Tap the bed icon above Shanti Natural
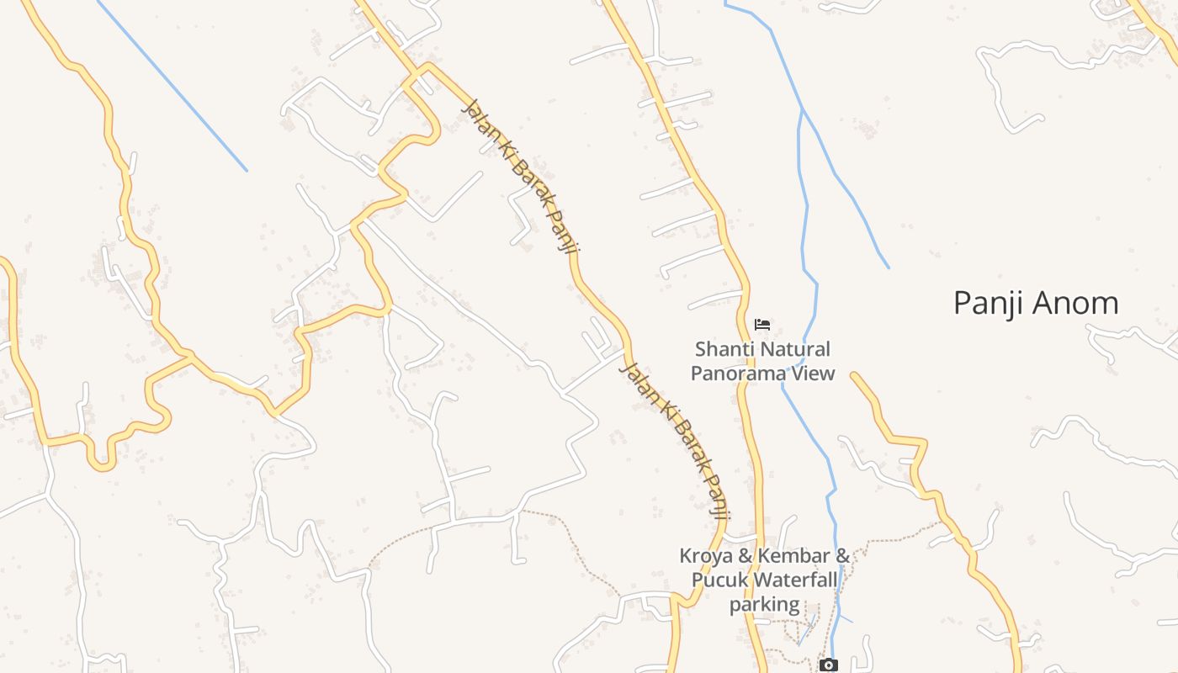point(762,325)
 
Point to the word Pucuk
point(719,580)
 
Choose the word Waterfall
point(795,580)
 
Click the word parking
point(764,603)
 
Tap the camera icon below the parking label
point(829,665)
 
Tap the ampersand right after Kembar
point(842,556)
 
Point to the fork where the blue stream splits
point(801,109)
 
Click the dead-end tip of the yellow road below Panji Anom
point(854,375)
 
